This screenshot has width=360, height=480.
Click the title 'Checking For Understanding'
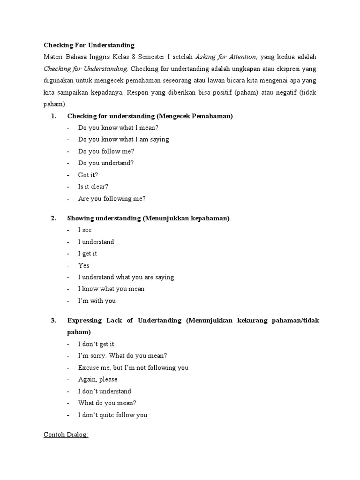point(89,45)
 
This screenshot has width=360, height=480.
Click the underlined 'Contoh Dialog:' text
point(66,435)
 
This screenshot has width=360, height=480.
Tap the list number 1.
point(53,116)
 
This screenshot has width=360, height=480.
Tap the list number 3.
point(53,321)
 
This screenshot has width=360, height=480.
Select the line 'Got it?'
point(88,174)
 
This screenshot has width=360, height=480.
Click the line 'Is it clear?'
point(93,186)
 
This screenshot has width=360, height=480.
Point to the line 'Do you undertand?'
point(106,163)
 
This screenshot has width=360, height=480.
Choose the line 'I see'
point(85,230)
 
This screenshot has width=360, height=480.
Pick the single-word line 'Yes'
point(84,265)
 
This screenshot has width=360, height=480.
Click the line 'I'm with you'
point(97,300)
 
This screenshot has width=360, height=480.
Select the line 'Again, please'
point(98,379)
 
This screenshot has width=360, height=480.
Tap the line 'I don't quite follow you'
point(112,414)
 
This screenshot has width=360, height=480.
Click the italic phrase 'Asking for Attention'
point(225,57)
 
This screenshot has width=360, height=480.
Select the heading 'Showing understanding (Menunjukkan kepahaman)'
point(148,218)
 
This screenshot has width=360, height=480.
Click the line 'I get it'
point(88,254)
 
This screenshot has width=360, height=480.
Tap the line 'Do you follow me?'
point(106,151)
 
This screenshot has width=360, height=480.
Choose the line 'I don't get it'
point(96,344)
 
